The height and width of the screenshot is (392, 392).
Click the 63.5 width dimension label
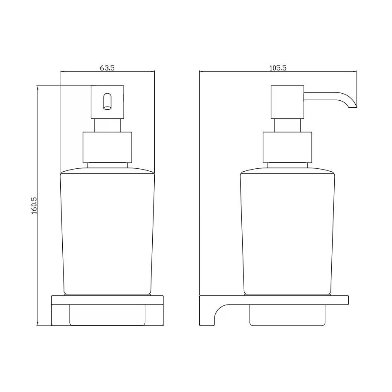click(x=107, y=68)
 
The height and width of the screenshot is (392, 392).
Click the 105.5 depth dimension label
click(x=278, y=68)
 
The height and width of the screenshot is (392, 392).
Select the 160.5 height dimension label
click(x=34, y=205)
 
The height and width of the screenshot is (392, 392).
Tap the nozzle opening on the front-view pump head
click(x=108, y=102)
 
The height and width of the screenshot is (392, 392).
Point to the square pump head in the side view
click(x=287, y=102)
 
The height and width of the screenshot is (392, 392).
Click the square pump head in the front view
click(x=108, y=102)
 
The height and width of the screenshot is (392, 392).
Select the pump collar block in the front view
click(x=108, y=147)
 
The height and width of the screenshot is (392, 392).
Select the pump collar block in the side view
click(x=287, y=147)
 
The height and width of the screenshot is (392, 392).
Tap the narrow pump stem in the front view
click(x=108, y=125)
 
